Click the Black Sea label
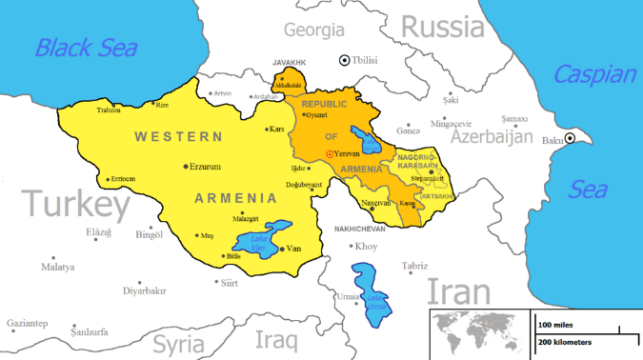[86, 47]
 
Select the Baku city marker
[570, 139]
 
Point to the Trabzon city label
[110, 111]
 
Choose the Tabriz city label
[414, 266]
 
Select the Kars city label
[278, 128]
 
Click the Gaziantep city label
[29, 324]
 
